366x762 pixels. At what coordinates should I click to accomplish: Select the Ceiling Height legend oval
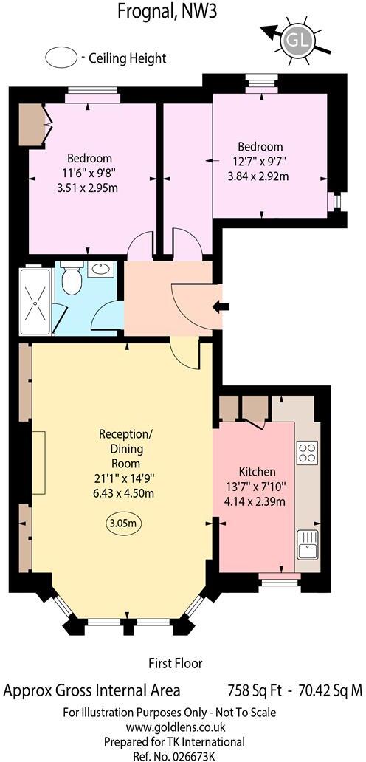coord(61,57)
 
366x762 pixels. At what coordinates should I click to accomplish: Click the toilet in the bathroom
coord(72,281)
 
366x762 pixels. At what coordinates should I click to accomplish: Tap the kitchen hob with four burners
coord(306,450)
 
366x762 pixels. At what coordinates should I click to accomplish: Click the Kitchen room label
coord(257,471)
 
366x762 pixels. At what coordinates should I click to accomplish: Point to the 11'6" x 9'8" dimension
coord(90,173)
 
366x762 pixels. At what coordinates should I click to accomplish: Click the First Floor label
coord(176,663)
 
